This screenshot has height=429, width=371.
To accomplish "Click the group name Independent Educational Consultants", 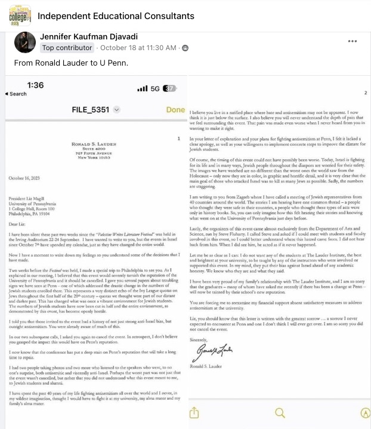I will [x=116, y=16].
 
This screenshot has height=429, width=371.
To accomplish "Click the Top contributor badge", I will [x=67, y=48].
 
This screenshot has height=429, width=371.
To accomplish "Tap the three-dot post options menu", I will [x=353, y=41].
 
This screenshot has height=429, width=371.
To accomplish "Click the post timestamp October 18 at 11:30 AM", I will [x=138, y=48].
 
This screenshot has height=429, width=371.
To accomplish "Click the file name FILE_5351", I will [x=88, y=110].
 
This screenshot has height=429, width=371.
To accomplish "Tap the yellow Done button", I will [x=175, y=110].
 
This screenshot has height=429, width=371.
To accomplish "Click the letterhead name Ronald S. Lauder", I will [x=97, y=144].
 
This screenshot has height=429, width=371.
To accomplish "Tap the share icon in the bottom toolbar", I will [x=194, y=412].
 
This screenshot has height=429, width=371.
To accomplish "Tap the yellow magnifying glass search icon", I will [x=279, y=412].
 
